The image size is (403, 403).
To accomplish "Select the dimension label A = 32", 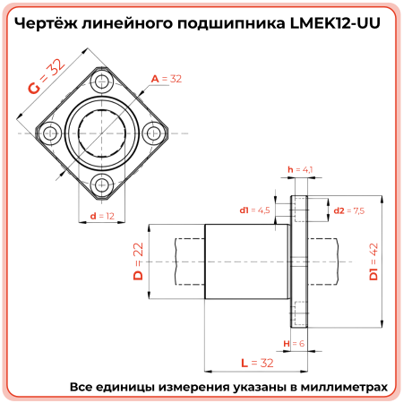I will tap(167, 79).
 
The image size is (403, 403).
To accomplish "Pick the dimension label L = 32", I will tap(256, 363).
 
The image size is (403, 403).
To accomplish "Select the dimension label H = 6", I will tap(294, 344).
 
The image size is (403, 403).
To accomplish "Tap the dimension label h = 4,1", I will tap(298, 168).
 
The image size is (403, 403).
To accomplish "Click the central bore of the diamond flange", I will tap(100, 134).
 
